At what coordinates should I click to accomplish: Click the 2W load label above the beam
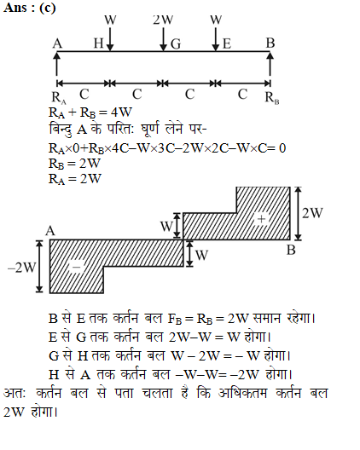click(163, 20)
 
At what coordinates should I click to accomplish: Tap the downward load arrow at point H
click(110, 39)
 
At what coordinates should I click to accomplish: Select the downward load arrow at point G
click(163, 39)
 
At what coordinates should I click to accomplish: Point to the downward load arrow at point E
click(216, 39)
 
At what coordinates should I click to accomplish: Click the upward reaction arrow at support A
click(57, 64)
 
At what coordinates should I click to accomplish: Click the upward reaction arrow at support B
click(270, 64)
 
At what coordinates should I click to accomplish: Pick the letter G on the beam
click(176, 44)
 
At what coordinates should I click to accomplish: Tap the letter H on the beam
click(99, 43)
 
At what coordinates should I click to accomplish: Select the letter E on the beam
click(227, 44)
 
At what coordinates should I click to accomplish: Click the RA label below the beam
click(59, 97)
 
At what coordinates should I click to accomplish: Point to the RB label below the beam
click(272, 97)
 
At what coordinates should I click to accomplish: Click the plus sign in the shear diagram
click(261, 219)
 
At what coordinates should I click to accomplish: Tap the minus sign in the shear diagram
click(76, 268)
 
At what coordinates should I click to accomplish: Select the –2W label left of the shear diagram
click(22, 268)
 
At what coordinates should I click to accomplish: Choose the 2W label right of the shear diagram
click(312, 213)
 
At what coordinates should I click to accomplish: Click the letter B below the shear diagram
click(291, 250)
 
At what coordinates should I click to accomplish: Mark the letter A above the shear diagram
click(50, 231)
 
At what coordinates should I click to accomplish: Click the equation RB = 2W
click(75, 164)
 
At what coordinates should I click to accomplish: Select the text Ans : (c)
click(30, 8)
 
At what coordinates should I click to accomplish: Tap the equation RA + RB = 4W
click(90, 112)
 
